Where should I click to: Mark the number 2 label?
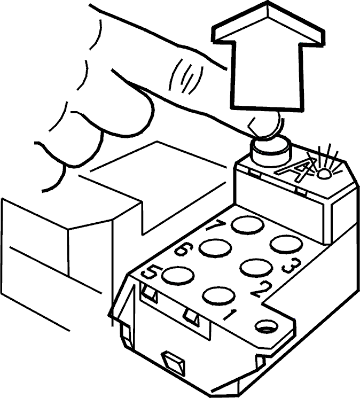point(261,290)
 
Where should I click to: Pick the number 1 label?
point(230,315)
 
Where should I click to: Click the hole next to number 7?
point(248,225)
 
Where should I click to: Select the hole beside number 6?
point(215,248)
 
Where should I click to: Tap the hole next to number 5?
point(177,275)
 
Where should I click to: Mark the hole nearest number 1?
point(219,296)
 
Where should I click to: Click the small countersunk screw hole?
point(266,327)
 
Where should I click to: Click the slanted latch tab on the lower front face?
point(174,363)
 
